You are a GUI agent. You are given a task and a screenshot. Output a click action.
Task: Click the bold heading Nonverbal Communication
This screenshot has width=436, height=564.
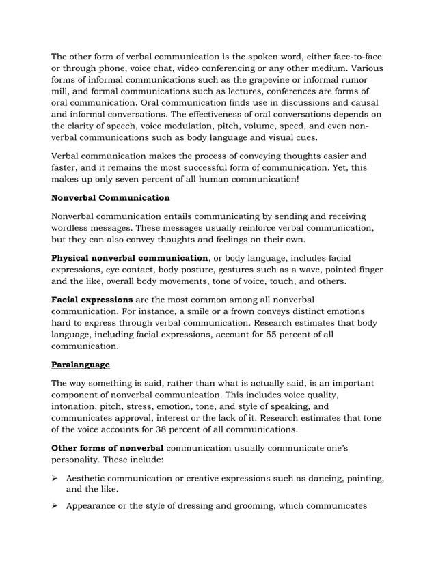pos(111,199)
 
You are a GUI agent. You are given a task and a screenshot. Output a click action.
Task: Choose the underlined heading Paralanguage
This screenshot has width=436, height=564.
pos(81,365)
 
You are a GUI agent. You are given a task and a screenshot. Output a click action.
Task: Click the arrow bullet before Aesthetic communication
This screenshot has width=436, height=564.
pos(56,478)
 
